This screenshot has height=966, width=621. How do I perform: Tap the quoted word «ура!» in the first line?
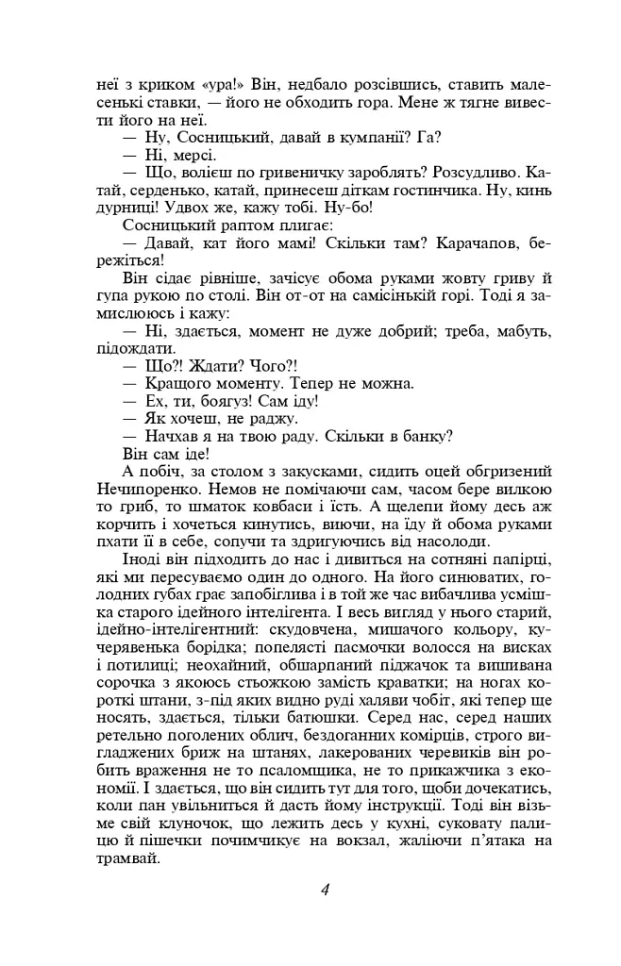tap(219, 84)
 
